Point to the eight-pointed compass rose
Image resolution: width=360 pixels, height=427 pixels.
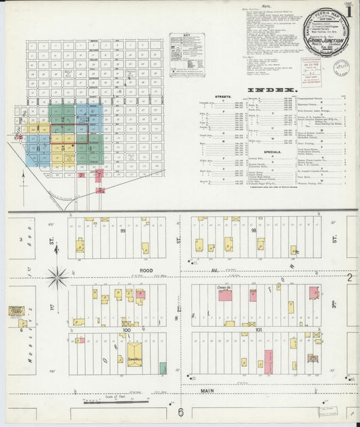tap(57, 276)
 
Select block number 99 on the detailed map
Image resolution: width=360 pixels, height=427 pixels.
tap(123, 230)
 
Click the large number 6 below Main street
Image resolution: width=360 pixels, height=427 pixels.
tap(180, 412)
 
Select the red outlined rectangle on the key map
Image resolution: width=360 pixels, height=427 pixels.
tap(70, 132)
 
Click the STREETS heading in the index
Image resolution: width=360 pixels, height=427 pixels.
tap(223, 97)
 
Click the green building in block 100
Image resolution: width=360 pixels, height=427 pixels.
tap(163, 368)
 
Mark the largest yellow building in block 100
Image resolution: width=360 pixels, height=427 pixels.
tap(135, 353)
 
